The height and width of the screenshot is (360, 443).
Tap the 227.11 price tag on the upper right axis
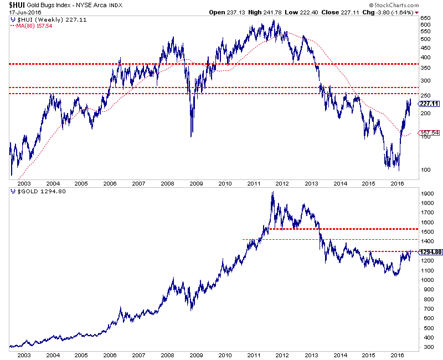pos(429,104)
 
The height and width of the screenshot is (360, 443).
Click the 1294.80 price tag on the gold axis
pos(430,253)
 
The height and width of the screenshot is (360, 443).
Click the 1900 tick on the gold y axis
pos(427,194)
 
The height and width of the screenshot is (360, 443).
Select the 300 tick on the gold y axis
pos(426,347)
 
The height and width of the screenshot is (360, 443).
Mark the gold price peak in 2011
pos(272,193)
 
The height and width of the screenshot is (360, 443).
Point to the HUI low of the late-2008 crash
pos(192,136)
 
